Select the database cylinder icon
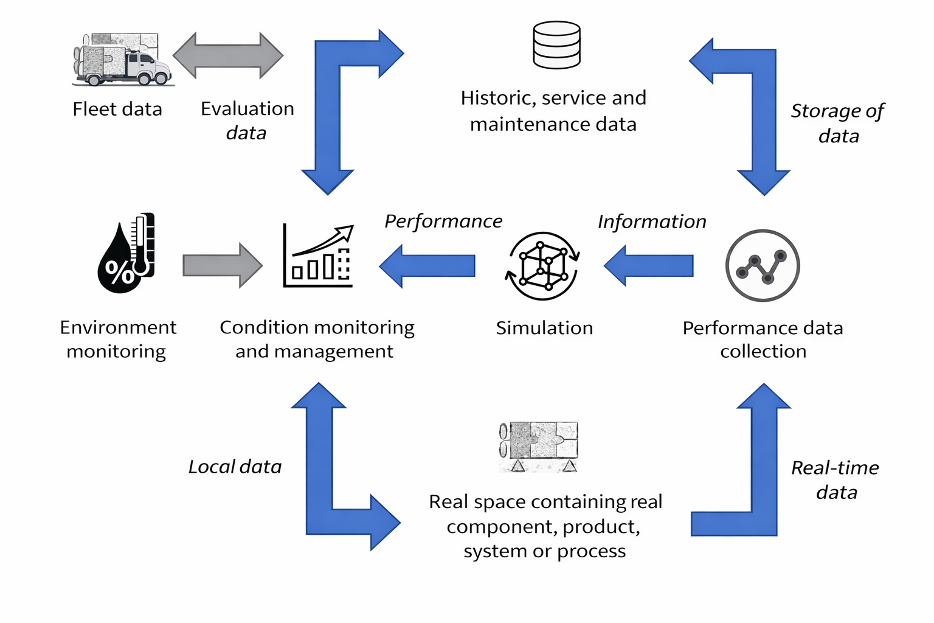[x=556, y=45]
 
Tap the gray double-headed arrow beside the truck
[x=228, y=55]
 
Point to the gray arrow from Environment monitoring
[x=223, y=266]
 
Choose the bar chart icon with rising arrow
[x=318, y=256]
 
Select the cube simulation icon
[x=543, y=266]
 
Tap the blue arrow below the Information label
[x=649, y=266]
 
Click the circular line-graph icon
[x=763, y=266]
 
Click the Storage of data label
[x=837, y=123]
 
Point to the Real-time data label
[x=835, y=479]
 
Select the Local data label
[x=235, y=467]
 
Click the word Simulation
[x=544, y=328]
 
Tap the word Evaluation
[x=247, y=109]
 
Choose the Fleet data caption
[x=117, y=110]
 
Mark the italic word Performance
[x=443, y=221]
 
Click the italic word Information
[x=652, y=222]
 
